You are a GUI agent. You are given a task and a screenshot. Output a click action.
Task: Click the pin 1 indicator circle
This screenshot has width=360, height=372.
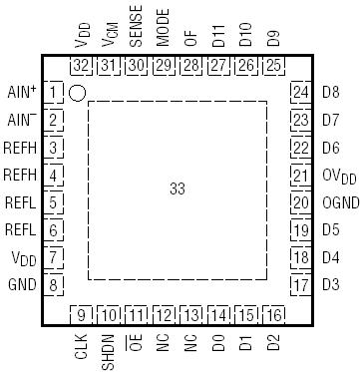pyautogui.click(x=77, y=93)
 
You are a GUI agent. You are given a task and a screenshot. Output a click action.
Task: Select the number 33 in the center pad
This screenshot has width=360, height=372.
pyautogui.click(x=178, y=187)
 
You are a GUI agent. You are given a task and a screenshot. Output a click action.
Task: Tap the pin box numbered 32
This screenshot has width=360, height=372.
pyautogui.click(x=82, y=66)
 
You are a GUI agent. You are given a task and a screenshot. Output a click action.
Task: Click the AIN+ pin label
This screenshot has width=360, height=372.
pyautogui.click(x=20, y=93)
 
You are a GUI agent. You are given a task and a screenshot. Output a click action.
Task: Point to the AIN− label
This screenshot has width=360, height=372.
pyautogui.click(x=20, y=121)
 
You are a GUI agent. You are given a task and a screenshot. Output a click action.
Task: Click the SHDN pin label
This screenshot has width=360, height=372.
pyautogui.click(x=109, y=353)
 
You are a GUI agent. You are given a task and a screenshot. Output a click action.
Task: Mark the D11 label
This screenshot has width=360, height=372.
pyautogui.click(x=218, y=38)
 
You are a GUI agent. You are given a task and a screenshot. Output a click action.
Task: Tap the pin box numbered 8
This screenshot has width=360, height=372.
pyautogui.click(x=54, y=285)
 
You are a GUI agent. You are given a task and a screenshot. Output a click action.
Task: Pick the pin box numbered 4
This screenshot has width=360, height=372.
pyautogui.click(x=54, y=176)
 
